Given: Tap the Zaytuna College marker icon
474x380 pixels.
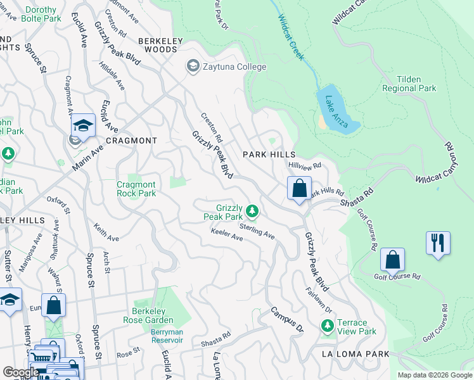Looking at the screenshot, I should click(x=192, y=66).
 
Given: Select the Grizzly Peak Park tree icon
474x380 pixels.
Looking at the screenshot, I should click(x=253, y=210).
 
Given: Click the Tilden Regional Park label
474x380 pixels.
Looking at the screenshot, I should click(x=409, y=84).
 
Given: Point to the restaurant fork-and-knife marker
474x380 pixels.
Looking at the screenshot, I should click(x=438, y=243).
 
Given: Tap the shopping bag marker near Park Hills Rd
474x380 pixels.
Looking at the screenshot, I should click(x=298, y=189).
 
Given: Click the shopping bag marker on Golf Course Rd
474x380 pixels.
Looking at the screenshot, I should click(x=392, y=260).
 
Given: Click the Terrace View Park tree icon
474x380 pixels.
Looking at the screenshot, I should click(x=328, y=326).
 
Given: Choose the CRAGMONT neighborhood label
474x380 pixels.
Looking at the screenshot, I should click(x=131, y=141).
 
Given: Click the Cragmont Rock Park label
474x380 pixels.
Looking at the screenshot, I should click(x=136, y=189).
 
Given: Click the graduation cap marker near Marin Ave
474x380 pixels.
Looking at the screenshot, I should click(x=83, y=126).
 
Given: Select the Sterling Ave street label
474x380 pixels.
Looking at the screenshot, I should click(x=257, y=230).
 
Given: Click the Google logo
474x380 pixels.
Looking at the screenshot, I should click(x=20, y=372).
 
